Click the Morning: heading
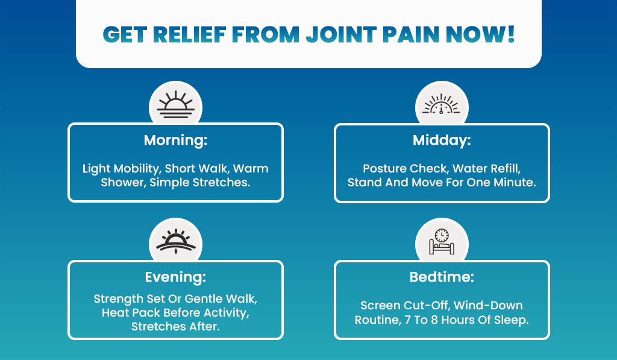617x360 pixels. (175, 141)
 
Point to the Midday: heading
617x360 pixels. (442, 141)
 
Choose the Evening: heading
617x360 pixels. (175, 277)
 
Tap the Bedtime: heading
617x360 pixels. (442, 277)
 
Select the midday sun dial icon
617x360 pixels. (442, 106)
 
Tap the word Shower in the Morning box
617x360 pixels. (122, 182)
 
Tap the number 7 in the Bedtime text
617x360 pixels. (404, 320)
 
